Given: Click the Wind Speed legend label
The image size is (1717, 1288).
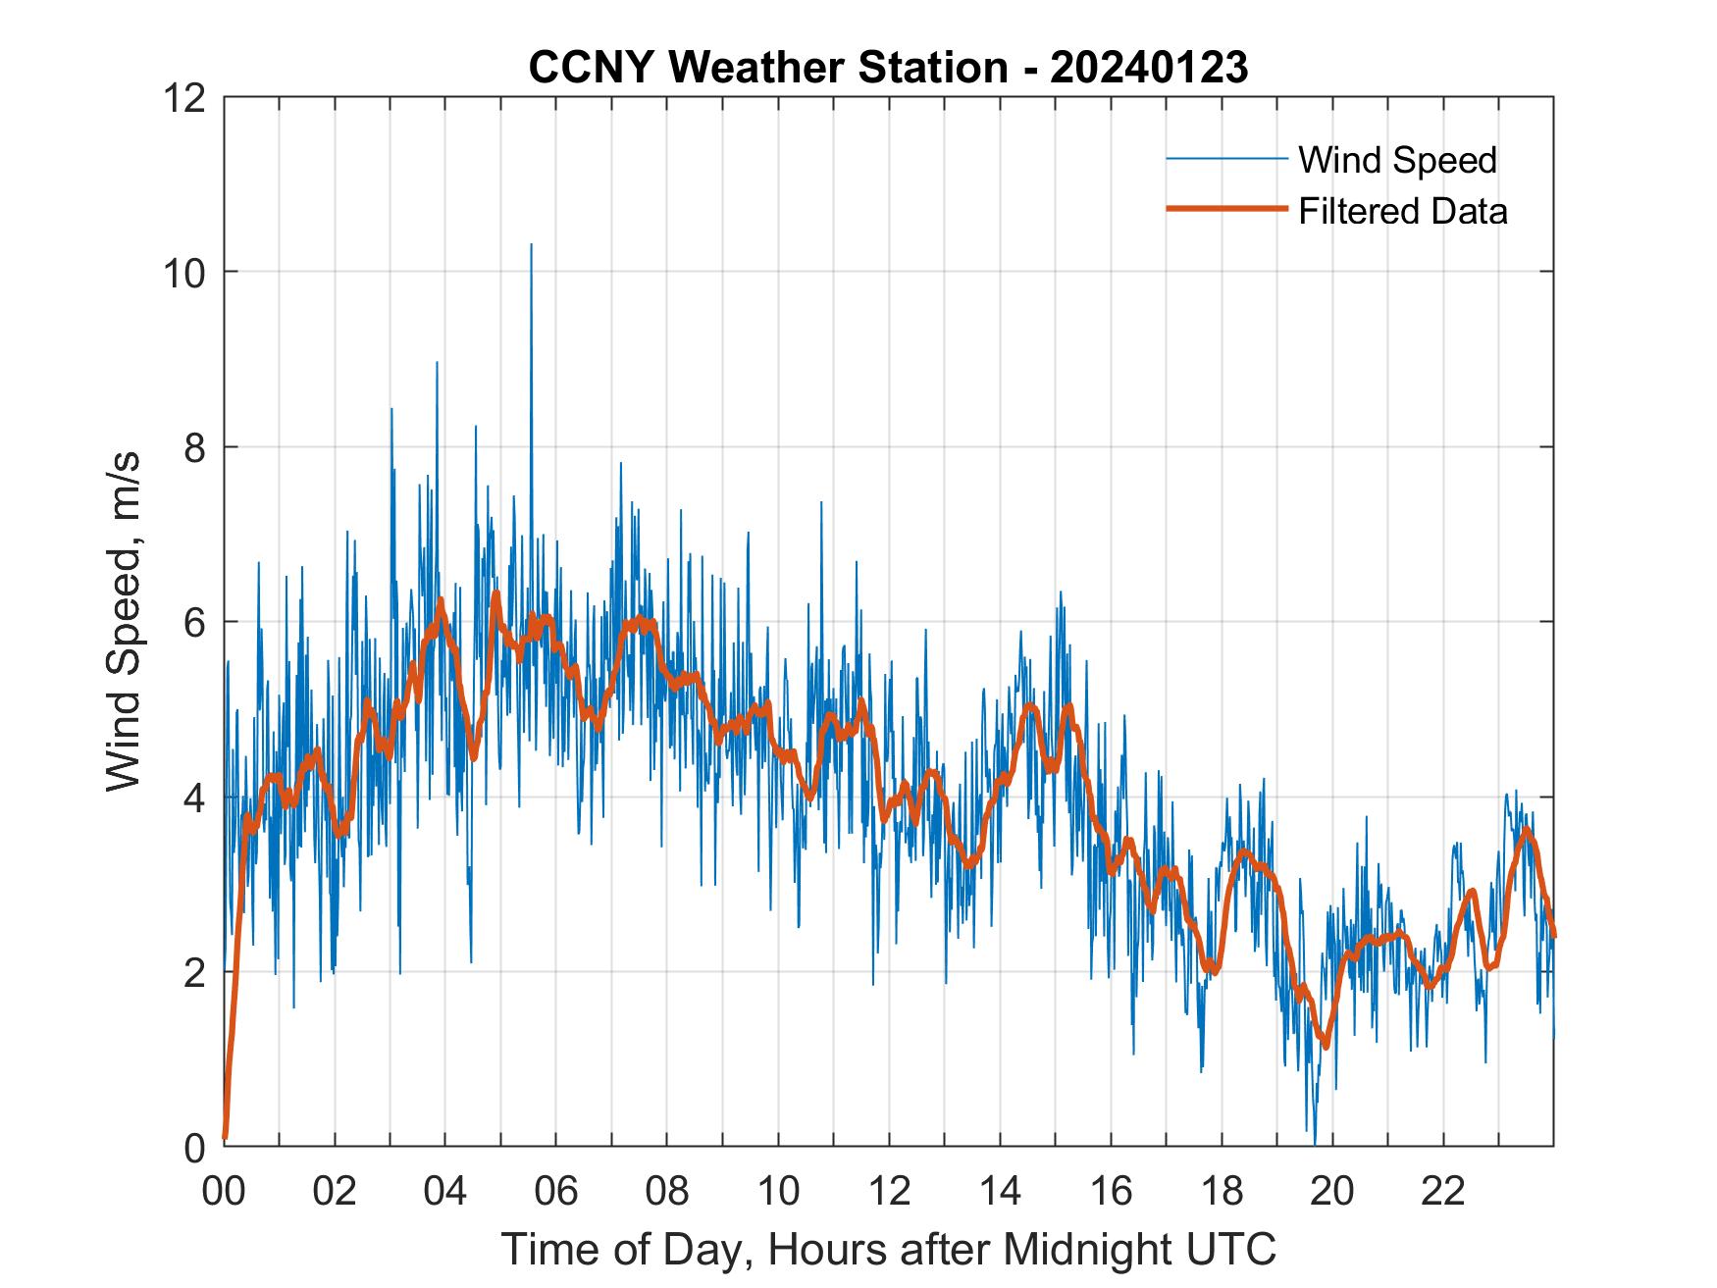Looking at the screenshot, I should point(1397,160).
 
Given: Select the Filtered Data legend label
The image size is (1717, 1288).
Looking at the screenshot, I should point(1402,211).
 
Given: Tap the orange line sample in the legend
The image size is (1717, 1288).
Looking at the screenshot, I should point(1226,209).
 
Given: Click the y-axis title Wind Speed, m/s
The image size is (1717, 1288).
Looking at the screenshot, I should point(124,620).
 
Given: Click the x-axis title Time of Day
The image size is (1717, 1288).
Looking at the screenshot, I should point(889,1249).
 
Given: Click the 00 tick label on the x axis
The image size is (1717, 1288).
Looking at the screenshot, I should point(224,1192).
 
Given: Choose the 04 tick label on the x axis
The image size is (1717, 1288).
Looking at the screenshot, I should point(445,1192).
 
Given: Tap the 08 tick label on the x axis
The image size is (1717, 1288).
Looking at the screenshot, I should point(667,1192).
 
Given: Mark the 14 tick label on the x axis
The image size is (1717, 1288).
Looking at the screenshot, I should point(1000,1192).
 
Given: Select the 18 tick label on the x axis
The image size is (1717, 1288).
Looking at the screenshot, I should point(1222,1192).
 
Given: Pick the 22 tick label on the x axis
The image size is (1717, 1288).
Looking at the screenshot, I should point(1443,1192).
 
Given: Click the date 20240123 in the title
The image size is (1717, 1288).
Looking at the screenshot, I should point(1149,68).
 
